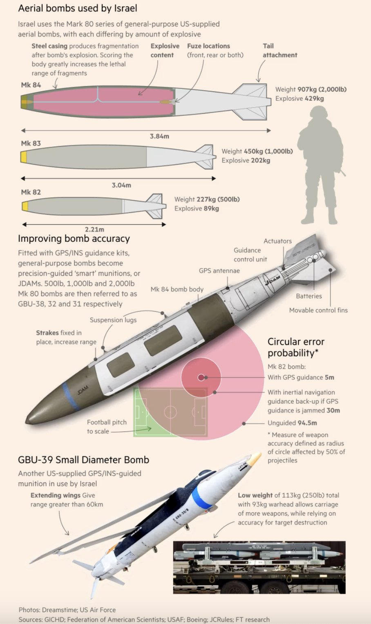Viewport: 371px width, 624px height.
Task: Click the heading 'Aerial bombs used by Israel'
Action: click(78, 8)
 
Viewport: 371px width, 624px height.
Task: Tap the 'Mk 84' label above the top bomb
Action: click(31, 85)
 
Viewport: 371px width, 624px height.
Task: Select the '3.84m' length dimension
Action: click(159, 136)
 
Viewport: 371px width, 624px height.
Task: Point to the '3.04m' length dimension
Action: click(121, 185)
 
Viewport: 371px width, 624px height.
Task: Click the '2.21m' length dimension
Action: click(94, 230)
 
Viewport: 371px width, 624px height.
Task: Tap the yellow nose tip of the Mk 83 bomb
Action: click(24, 157)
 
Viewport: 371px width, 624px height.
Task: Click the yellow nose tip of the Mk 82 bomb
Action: click(25, 206)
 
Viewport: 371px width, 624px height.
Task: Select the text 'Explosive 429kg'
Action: click(299, 98)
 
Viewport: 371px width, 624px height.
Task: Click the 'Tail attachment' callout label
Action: click(279, 51)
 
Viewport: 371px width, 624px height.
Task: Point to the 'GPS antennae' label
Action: click(219, 271)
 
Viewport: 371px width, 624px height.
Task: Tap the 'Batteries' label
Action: click(309, 296)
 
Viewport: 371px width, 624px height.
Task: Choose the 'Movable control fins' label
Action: click(318, 310)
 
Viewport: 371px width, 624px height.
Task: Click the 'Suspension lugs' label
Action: click(113, 320)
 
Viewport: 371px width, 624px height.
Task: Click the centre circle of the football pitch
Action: click(170, 412)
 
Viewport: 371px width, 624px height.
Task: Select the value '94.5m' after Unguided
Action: click(307, 423)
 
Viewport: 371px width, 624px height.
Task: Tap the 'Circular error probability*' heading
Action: click(296, 347)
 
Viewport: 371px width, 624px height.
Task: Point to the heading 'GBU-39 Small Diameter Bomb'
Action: click(83, 460)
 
